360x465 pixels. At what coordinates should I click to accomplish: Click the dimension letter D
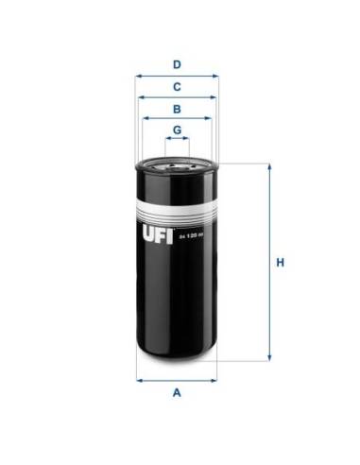[176, 64]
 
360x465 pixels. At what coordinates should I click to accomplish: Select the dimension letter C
[176, 87]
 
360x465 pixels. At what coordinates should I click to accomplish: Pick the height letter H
[281, 263]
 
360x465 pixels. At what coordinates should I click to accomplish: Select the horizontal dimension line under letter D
[176, 76]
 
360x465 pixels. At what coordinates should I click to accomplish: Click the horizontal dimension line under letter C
[176, 97]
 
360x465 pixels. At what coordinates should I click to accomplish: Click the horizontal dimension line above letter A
[176, 380]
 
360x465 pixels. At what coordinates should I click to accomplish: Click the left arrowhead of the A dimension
[140, 380]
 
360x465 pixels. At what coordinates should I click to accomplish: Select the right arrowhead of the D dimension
[214, 76]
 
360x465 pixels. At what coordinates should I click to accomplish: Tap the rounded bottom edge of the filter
[176, 359]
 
